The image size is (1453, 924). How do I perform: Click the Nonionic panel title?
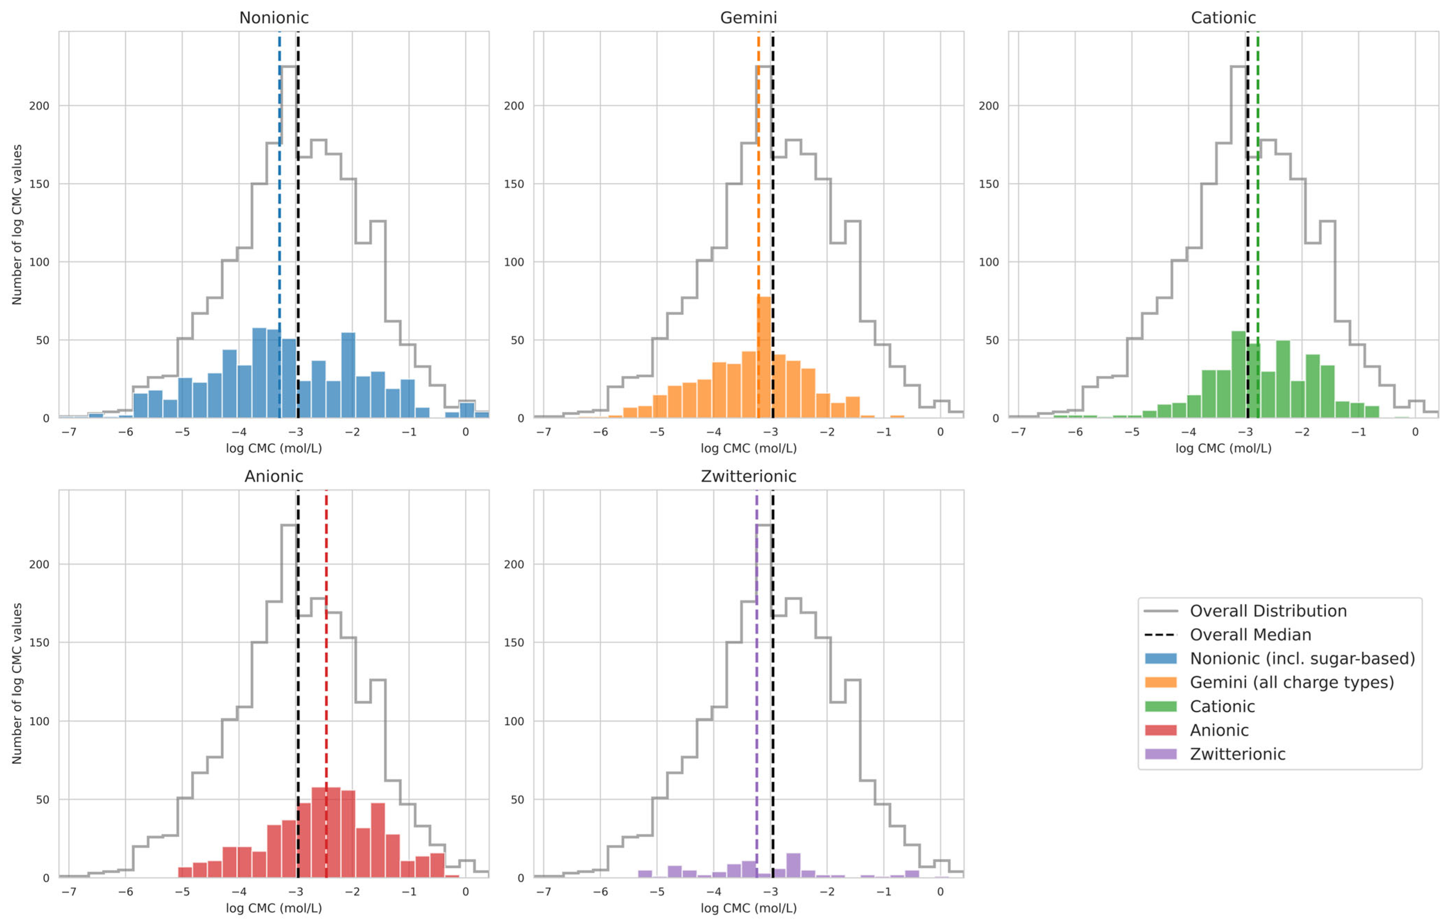coord(274,17)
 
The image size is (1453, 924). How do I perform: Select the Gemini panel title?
coord(748,17)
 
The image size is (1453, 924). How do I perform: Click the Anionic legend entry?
coord(1219,730)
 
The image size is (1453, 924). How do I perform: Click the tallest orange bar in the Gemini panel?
coord(764,357)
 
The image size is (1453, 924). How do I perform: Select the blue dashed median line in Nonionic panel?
coord(280,225)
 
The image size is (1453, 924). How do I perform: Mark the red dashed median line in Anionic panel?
coord(326,684)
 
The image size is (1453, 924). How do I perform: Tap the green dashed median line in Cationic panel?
coord(1257,225)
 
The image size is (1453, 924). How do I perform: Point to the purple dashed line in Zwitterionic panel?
coord(757,684)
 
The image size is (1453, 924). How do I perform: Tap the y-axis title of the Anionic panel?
coord(17,684)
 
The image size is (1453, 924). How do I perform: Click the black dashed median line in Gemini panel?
coord(772,225)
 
